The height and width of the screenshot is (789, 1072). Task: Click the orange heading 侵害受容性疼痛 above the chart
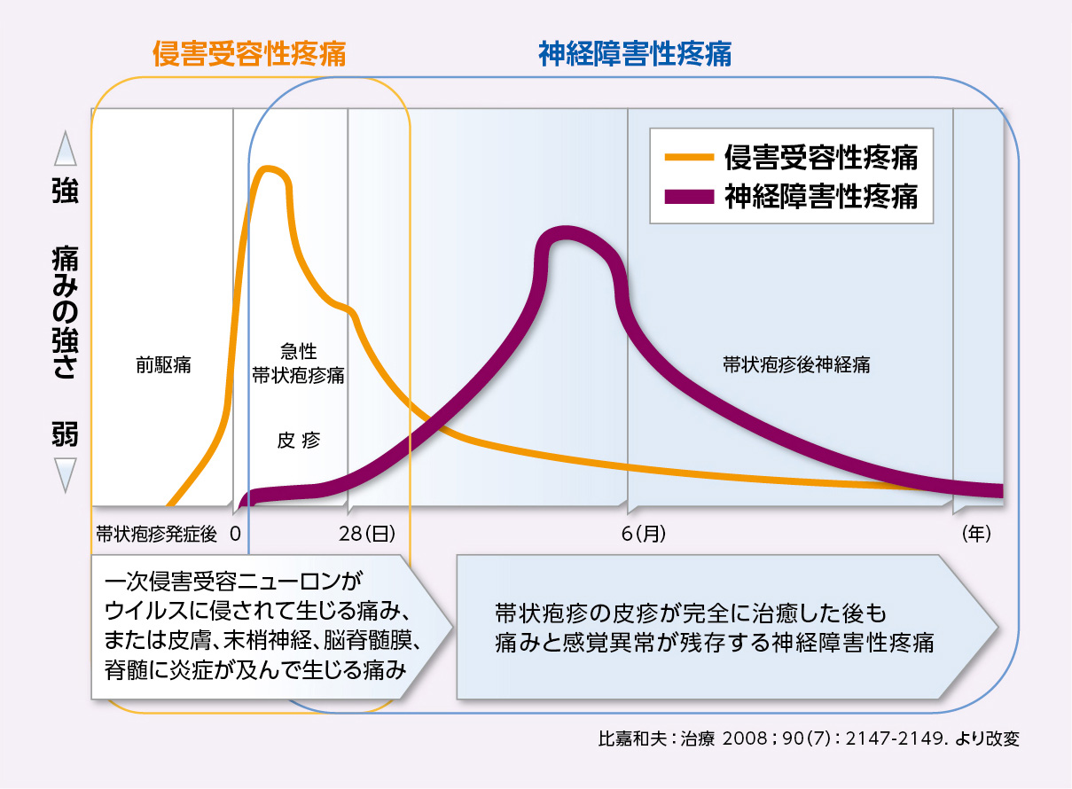click(249, 55)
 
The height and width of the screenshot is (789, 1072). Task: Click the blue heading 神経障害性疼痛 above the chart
click(635, 55)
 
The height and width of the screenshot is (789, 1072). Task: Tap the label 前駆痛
click(163, 364)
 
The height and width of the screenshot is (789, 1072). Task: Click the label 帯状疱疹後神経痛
click(795, 364)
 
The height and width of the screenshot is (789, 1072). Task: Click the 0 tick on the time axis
click(236, 534)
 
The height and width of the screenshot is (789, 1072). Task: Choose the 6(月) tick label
click(642, 534)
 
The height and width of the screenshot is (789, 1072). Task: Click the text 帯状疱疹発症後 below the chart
click(157, 534)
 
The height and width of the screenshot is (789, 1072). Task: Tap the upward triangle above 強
click(66, 151)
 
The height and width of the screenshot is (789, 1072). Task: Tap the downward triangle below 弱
click(66, 474)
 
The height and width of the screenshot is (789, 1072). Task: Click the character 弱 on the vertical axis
click(65, 434)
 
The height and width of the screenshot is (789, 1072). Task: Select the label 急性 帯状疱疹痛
click(298, 364)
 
